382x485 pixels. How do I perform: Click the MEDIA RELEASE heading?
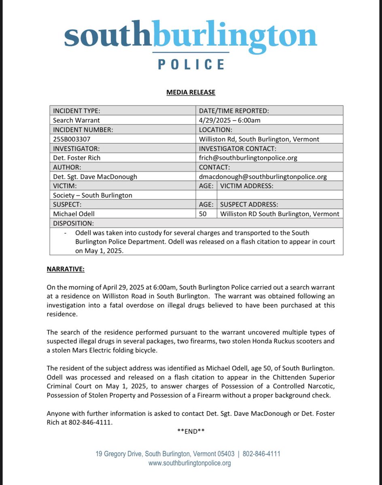click(x=191, y=93)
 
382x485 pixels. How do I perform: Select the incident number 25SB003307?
click(x=72, y=139)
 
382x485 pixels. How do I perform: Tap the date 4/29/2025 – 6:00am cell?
click(x=229, y=120)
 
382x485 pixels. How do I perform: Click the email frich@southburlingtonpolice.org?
click(x=248, y=158)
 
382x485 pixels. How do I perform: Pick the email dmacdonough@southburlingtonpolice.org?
click(x=263, y=177)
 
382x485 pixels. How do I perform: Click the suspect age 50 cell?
click(x=203, y=214)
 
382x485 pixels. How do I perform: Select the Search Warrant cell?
click(x=76, y=120)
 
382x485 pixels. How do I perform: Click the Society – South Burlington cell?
click(x=93, y=195)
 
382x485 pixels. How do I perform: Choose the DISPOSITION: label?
click(x=73, y=223)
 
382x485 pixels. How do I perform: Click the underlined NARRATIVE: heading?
click(x=65, y=269)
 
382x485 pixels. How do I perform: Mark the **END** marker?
click(x=191, y=431)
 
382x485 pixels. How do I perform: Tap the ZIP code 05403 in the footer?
click(x=226, y=454)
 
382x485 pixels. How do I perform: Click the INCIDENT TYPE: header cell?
click(x=76, y=110)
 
